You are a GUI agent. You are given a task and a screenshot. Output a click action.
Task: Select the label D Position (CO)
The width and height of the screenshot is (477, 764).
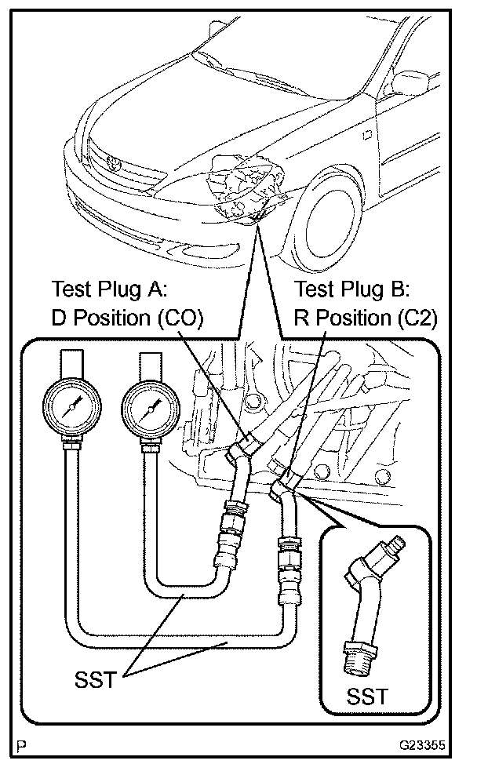tap(127, 318)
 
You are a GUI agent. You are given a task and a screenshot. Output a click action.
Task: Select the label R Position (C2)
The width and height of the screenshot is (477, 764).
tap(365, 318)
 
